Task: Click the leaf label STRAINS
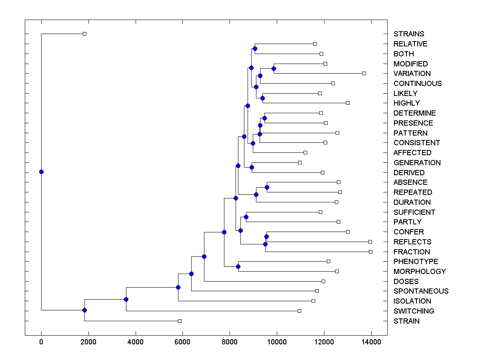(x=409, y=34)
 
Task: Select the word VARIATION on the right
(x=412, y=74)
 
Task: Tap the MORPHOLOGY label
(x=420, y=271)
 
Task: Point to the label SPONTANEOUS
(x=421, y=291)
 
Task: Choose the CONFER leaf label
(x=408, y=232)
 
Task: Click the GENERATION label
(x=417, y=163)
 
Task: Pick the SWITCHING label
(x=414, y=311)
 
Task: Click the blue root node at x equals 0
(x=41, y=172)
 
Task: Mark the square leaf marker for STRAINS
(x=84, y=34)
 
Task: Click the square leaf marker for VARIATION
(x=364, y=73)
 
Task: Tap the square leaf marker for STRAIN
(x=180, y=321)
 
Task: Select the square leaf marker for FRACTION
(x=370, y=252)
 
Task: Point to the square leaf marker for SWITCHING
(x=299, y=311)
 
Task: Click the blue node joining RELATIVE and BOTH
(x=255, y=48)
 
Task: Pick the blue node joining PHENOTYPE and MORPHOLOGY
(x=238, y=266)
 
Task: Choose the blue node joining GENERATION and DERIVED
(x=252, y=167)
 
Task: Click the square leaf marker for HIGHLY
(x=348, y=103)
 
